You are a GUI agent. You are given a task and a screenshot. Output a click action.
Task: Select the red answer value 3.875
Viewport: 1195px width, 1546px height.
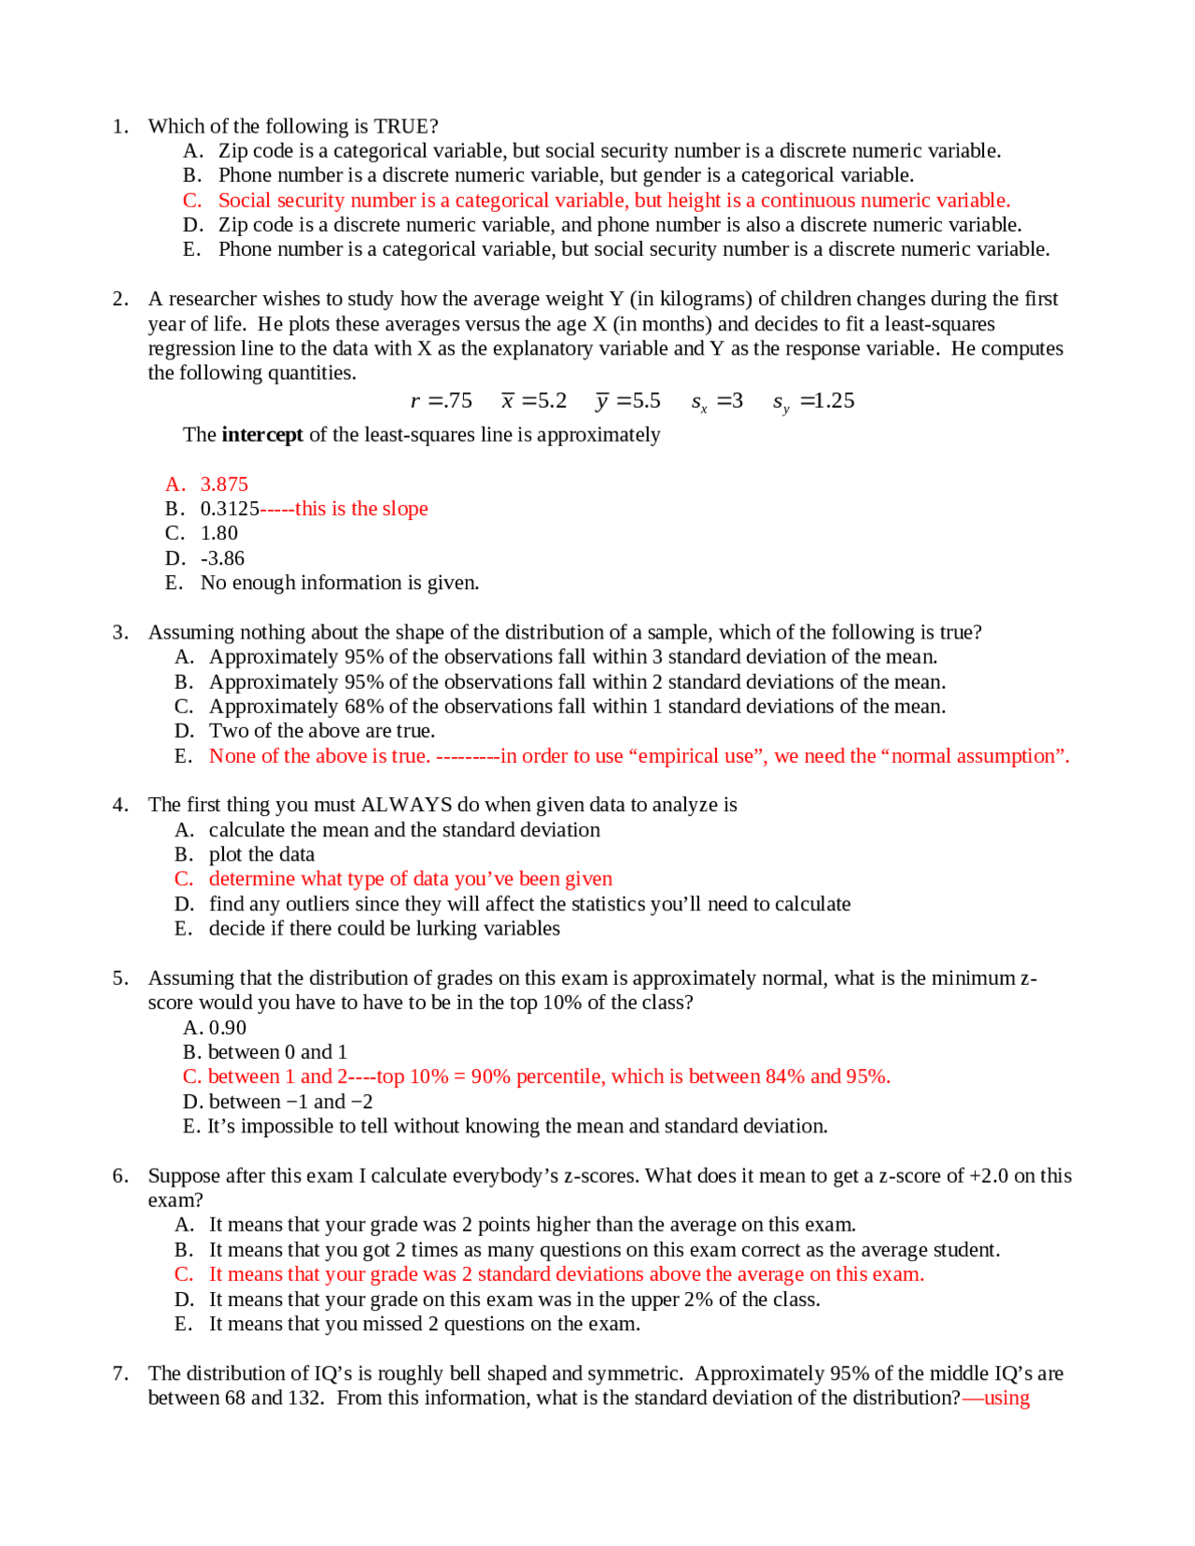click(224, 484)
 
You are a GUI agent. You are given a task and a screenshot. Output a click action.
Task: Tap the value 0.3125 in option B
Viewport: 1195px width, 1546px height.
click(230, 509)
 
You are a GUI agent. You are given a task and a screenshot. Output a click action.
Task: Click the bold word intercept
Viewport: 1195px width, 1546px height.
click(261, 434)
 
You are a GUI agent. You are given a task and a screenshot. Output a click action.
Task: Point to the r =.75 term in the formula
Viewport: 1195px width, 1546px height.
click(442, 401)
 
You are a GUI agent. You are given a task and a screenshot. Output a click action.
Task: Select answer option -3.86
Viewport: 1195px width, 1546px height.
click(222, 558)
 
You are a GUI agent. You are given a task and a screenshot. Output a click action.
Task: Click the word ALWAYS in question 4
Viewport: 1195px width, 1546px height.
click(406, 805)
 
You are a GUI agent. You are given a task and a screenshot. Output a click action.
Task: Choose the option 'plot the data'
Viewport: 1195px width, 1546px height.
click(261, 854)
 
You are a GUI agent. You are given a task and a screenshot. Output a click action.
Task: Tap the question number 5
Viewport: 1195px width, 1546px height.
click(119, 977)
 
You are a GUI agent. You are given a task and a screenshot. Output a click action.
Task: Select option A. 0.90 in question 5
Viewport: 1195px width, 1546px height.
click(215, 1027)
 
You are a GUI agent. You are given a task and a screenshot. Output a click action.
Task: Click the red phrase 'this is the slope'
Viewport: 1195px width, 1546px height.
click(361, 509)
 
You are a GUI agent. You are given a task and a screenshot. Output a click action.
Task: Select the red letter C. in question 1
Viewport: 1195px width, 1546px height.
click(192, 201)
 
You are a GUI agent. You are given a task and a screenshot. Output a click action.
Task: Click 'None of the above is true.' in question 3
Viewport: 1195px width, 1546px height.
click(319, 755)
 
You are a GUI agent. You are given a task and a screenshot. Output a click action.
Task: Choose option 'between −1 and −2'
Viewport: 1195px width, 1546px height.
click(289, 1102)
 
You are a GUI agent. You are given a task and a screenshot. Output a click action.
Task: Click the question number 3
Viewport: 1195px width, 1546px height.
click(119, 632)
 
